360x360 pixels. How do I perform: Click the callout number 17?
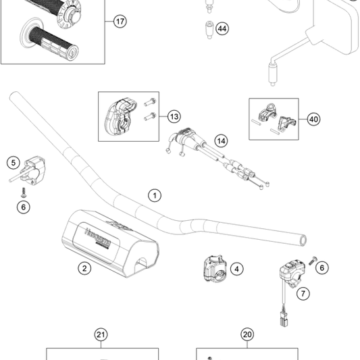tap(120, 22)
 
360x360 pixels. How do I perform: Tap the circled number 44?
tap(222, 29)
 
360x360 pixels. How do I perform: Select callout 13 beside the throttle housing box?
tap(174, 116)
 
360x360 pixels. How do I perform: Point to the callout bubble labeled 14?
tap(222, 140)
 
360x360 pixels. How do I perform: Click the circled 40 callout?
tap(313, 119)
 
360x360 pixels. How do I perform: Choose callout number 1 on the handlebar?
tap(155, 196)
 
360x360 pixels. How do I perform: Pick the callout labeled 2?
tap(84, 268)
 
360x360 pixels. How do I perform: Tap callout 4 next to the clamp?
tap(236, 268)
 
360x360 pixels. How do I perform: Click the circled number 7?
tap(303, 293)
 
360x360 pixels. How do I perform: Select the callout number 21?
tap(101, 334)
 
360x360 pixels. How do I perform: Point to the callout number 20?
tap(247, 334)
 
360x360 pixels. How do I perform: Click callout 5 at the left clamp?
tap(13, 162)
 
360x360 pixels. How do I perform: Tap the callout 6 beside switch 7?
tap(322, 268)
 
